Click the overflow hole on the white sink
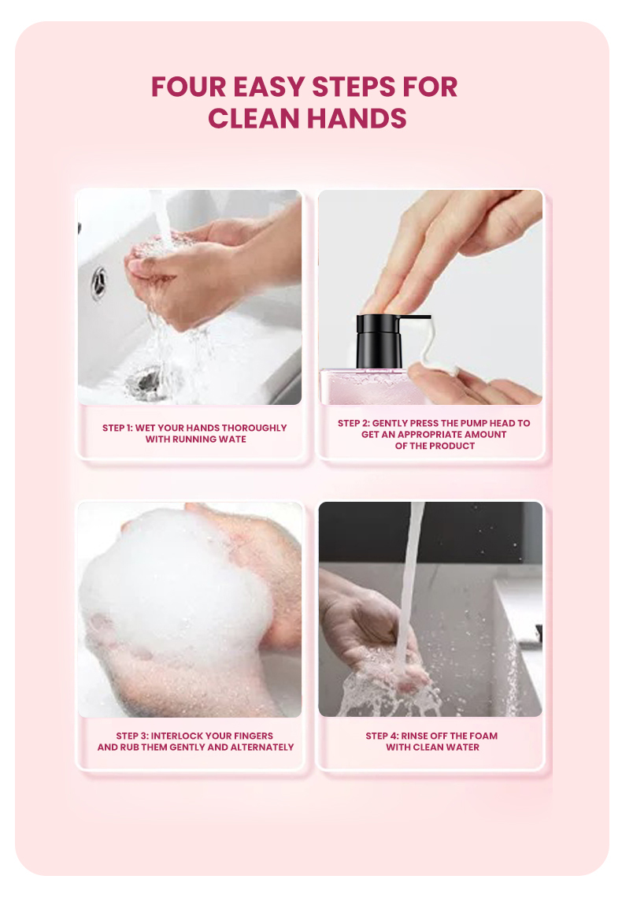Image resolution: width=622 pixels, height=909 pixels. coord(98,282)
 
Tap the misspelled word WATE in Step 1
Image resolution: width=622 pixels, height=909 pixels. coord(231,440)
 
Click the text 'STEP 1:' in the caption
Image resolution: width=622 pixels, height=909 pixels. coord(117,428)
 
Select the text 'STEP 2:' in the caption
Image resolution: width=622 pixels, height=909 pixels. coord(354,423)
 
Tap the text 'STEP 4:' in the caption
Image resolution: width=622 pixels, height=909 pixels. coord(381,736)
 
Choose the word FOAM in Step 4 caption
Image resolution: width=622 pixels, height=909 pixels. coord(483,736)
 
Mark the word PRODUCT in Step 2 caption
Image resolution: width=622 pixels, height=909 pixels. coord(452,446)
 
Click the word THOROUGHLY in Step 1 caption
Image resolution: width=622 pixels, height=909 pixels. coord(254,428)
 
